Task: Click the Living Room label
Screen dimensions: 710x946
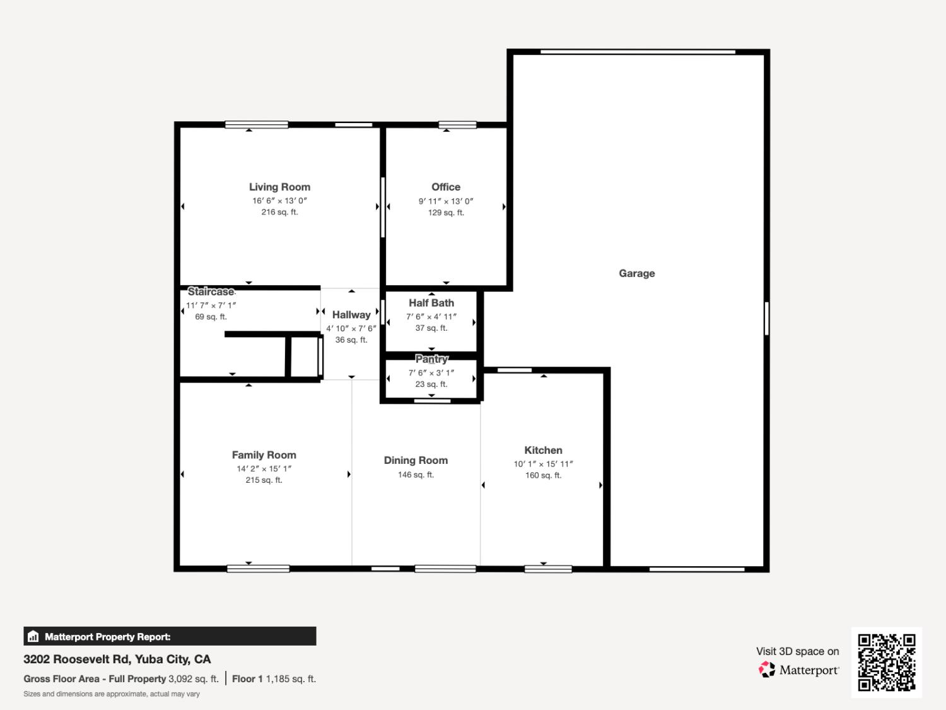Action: point(279,187)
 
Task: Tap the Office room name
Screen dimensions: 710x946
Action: point(446,187)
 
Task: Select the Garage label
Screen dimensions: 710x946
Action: point(636,273)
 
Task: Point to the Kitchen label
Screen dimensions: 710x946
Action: point(543,450)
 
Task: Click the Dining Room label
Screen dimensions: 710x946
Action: point(416,460)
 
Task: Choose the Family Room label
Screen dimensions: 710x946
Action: point(264,455)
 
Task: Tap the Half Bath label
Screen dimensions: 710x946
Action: point(431,303)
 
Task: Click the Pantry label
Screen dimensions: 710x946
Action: point(431,359)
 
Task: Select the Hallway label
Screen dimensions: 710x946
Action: point(351,314)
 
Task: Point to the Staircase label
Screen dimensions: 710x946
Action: point(211,292)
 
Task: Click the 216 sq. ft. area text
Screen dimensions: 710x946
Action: point(279,212)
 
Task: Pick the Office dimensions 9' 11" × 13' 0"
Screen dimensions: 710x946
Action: point(446,201)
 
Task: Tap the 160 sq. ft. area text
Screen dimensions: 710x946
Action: point(543,475)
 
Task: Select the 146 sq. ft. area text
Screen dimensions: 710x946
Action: point(416,475)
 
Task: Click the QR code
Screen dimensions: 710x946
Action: point(886,662)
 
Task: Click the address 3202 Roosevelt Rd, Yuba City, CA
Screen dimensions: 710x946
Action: point(117,659)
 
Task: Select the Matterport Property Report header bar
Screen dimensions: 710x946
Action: point(170,636)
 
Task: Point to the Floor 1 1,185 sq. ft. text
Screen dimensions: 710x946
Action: point(274,679)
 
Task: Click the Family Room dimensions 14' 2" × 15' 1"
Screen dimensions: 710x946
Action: point(264,469)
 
